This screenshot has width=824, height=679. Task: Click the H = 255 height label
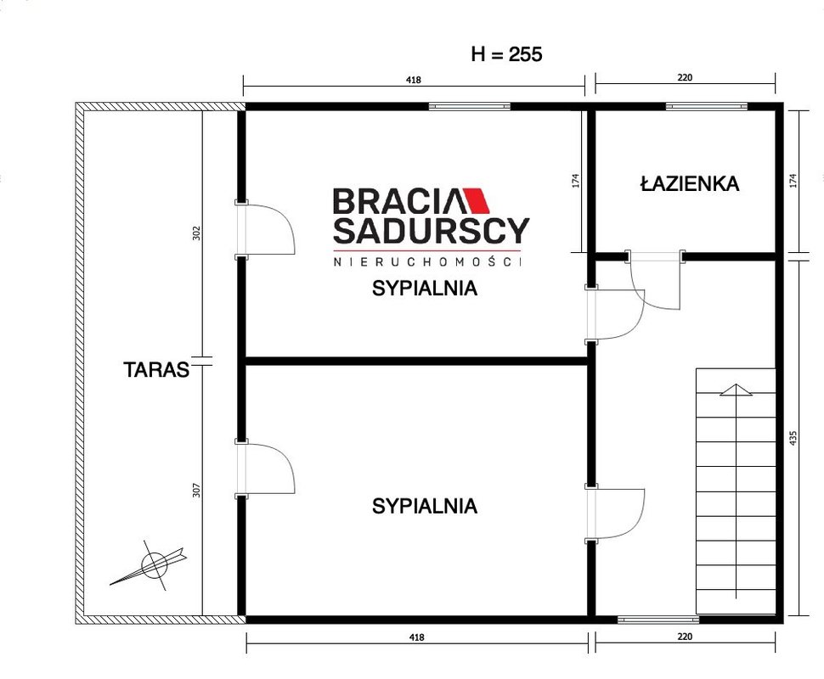point(506,54)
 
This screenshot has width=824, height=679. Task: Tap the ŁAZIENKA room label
point(690,184)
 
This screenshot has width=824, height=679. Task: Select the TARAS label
point(156,370)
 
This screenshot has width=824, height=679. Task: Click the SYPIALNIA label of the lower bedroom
point(425,506)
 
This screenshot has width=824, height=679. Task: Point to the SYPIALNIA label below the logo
point(425,289)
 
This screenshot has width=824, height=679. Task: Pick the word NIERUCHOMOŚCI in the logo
point(427,261)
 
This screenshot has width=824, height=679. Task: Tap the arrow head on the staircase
point(737,390)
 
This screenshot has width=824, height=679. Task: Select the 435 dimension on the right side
point(793,439)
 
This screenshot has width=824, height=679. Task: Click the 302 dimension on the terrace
point(196,233)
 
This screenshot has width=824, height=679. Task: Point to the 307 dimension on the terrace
point(196,491)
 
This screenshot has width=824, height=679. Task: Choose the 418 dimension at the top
point(414,80)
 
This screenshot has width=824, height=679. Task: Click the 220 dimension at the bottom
point(685,637)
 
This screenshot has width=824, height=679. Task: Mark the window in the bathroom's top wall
point(706,107)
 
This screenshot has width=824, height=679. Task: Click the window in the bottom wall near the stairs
point(658,620)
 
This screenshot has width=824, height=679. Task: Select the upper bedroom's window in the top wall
point(469,107)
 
